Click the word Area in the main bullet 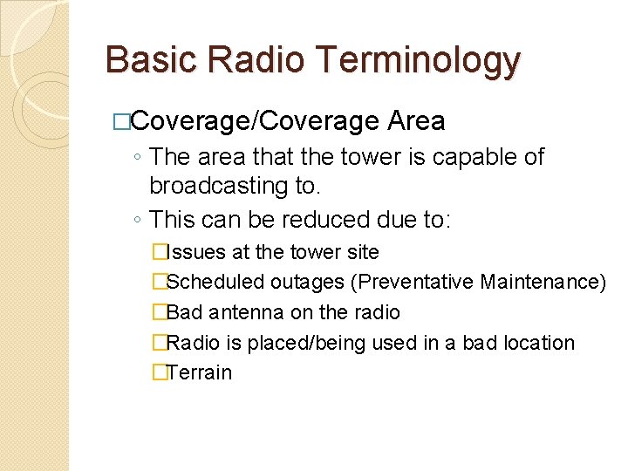pyautogui.click(x=416, y=120)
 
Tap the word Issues pyautogui.click(x=197, y=253)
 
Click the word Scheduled pyautogui.click(x=215, y=283)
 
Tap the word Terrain pyautogui.click(x=200, y=372)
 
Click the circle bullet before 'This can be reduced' pyautogui.click(x=140, y=220)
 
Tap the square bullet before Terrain pyautogui.click(x=158, y=372)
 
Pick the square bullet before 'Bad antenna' pyautogui.click(x=158, y=312)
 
